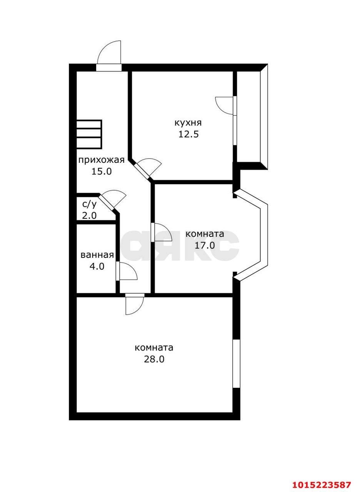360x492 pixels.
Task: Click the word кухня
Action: (188, 123)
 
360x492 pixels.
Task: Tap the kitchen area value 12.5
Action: (188, 135)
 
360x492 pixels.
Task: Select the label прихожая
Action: (102, 160)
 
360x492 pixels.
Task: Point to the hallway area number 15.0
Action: (102, 171)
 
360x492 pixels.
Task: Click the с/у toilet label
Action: (89, 204)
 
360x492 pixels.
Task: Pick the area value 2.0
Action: (89, 215)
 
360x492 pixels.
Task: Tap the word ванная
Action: (97, 255)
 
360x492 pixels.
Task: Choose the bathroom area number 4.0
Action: (97, 266)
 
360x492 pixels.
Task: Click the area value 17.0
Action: (205, 245)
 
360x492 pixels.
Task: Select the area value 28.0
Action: (154, 359)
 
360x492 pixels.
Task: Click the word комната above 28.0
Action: (154, 348)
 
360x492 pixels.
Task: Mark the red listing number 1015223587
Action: (322, 484)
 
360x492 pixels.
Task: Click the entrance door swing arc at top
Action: (109, 54)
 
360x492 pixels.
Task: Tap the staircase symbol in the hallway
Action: (89, 134)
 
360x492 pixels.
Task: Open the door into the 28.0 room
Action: (134, 304)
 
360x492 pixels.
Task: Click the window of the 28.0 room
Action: (236, 364)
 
